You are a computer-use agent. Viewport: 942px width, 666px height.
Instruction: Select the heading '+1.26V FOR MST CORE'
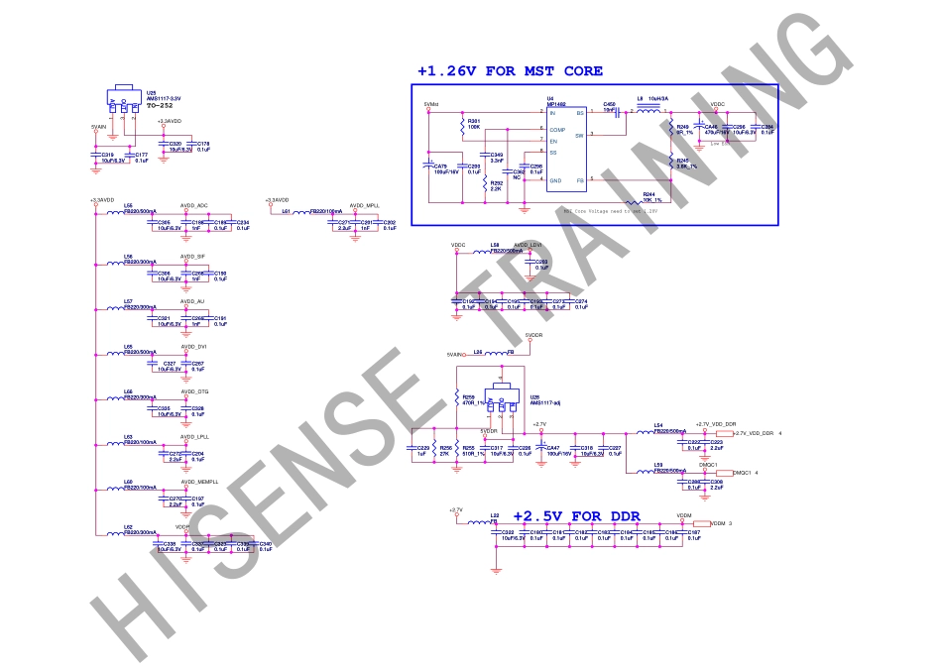point(510,71)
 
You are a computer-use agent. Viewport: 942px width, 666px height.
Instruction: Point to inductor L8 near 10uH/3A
point(649,111)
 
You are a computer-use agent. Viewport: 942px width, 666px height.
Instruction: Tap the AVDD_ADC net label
point(194,204)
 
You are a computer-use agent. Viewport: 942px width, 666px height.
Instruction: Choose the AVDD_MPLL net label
point(365,205)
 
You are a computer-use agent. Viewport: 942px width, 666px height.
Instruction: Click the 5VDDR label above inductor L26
point(533,336)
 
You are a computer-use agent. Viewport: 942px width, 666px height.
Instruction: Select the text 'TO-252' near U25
point(161,105)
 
